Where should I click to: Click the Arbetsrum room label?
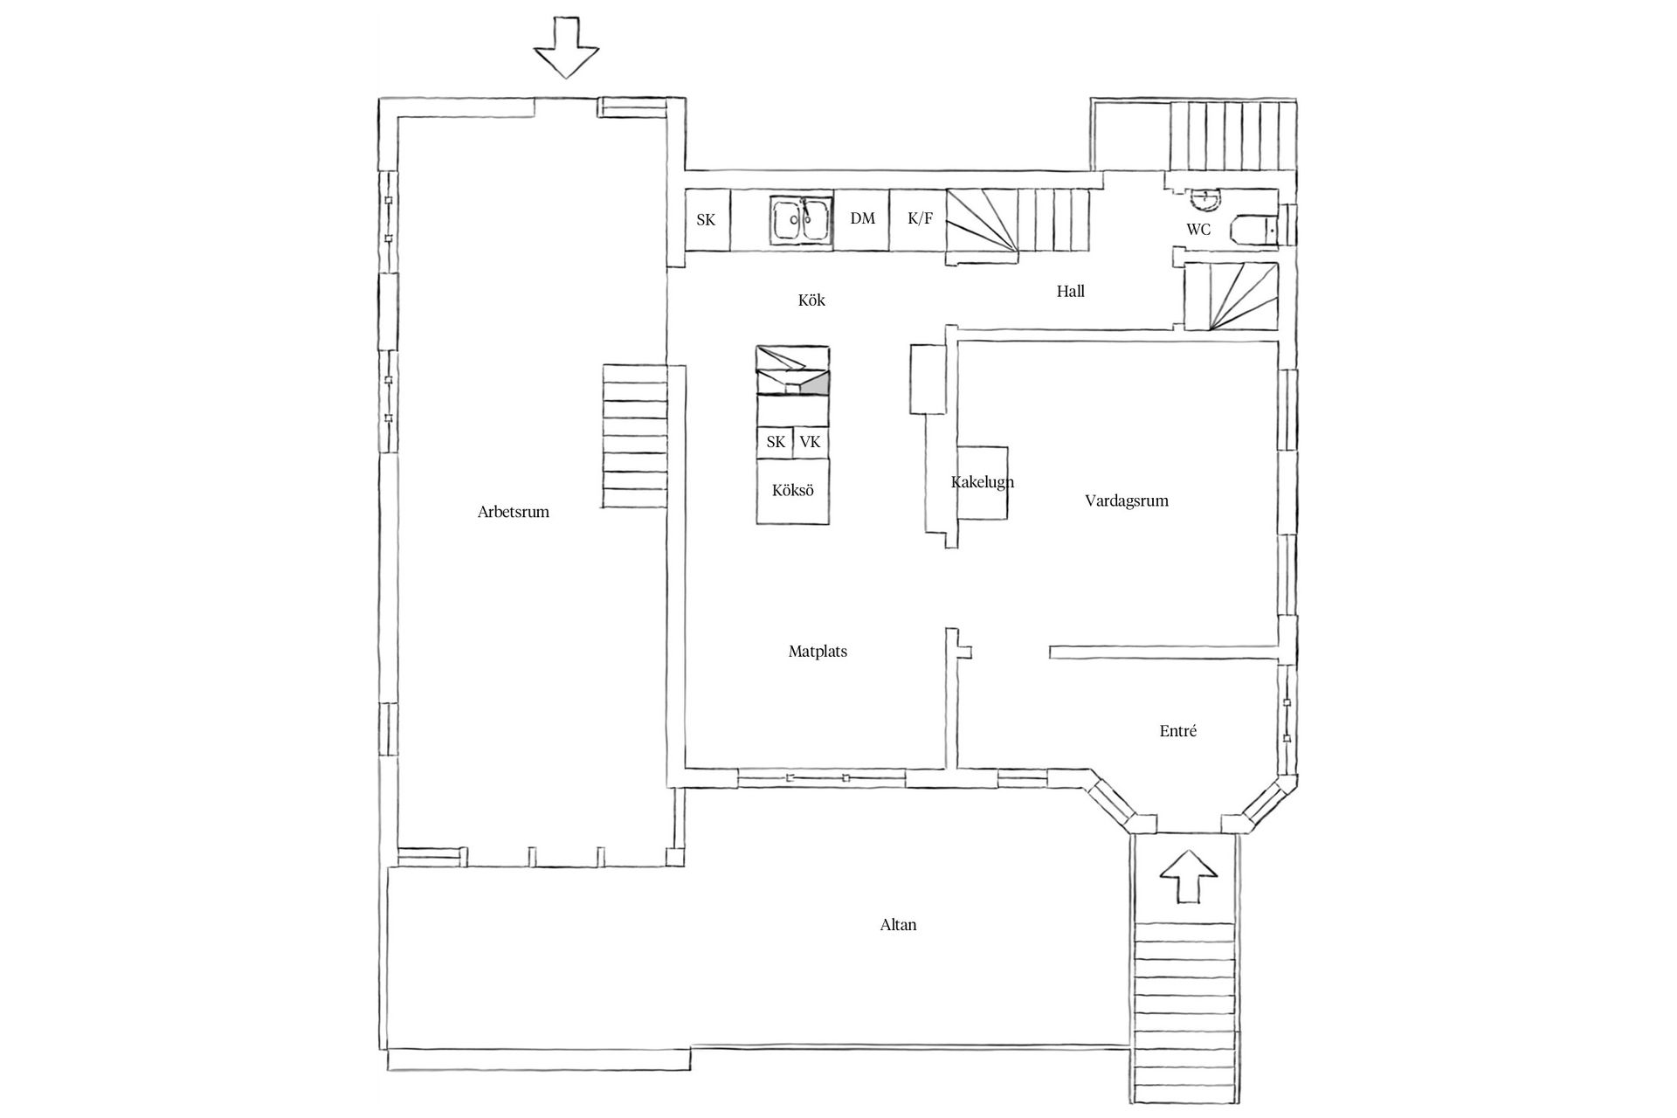(513, 512)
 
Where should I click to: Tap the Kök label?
(811, 300)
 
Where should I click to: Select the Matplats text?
(818, 652)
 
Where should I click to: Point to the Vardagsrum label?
(1126, 500)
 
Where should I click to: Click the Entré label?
(1177, 731)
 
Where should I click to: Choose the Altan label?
(898, 925)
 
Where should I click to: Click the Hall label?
(1070, 292)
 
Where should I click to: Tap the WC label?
(1198, 230)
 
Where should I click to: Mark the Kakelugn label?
(982, 482)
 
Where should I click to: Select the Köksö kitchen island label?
(792, 491)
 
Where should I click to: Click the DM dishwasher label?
(862, 218)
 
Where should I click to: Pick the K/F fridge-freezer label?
(920, 218)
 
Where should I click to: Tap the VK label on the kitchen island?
(810, 442)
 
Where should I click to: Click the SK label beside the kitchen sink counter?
(706, 220)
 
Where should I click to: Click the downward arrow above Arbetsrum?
(566, 48)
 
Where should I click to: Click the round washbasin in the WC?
(1206, 200)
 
